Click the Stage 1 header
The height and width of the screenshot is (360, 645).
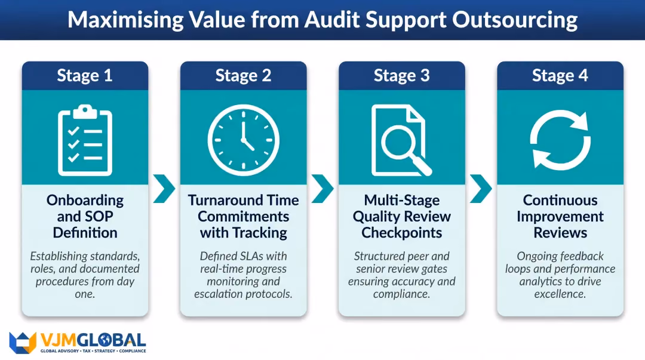pos(85,76)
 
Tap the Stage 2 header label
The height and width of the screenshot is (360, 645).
pos(243,76)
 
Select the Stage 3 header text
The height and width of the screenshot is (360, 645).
pos(401,76)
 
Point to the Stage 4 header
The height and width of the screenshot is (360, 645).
pos(560,76)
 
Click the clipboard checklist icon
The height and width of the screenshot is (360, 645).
pos(85,140)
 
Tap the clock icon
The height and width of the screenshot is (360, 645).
pos(244,140)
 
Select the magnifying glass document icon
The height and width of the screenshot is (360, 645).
pos(401,140)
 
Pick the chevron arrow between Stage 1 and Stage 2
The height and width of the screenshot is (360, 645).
pos(164,189)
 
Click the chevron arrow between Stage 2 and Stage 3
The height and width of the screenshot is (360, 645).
pos(322,189)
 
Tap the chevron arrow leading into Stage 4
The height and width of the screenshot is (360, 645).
pos(481,189)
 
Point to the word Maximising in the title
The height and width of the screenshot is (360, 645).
pos(125,20)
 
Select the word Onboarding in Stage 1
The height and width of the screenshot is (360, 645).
pos(85,201)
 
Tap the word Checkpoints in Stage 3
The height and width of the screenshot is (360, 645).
pos(401,233)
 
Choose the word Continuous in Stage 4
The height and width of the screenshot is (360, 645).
pos(560,201)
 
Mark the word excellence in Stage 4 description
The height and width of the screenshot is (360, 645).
pos(560,294)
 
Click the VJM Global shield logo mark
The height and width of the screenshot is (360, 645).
pos(23,343)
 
